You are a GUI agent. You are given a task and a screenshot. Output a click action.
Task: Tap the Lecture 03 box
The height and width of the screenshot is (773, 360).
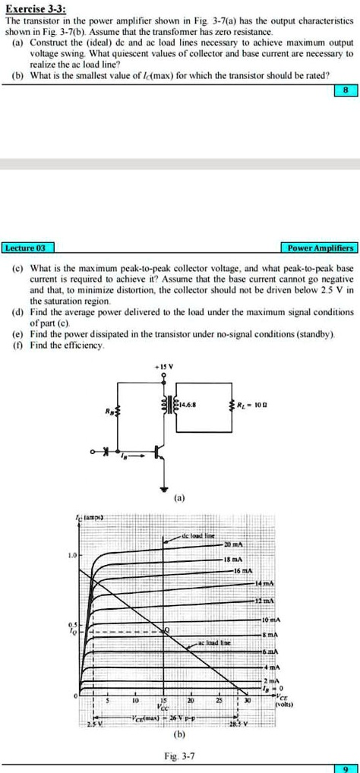click(x=27, y=248)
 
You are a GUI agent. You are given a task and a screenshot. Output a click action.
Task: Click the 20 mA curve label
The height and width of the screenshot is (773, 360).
click(x=234, y=546)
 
